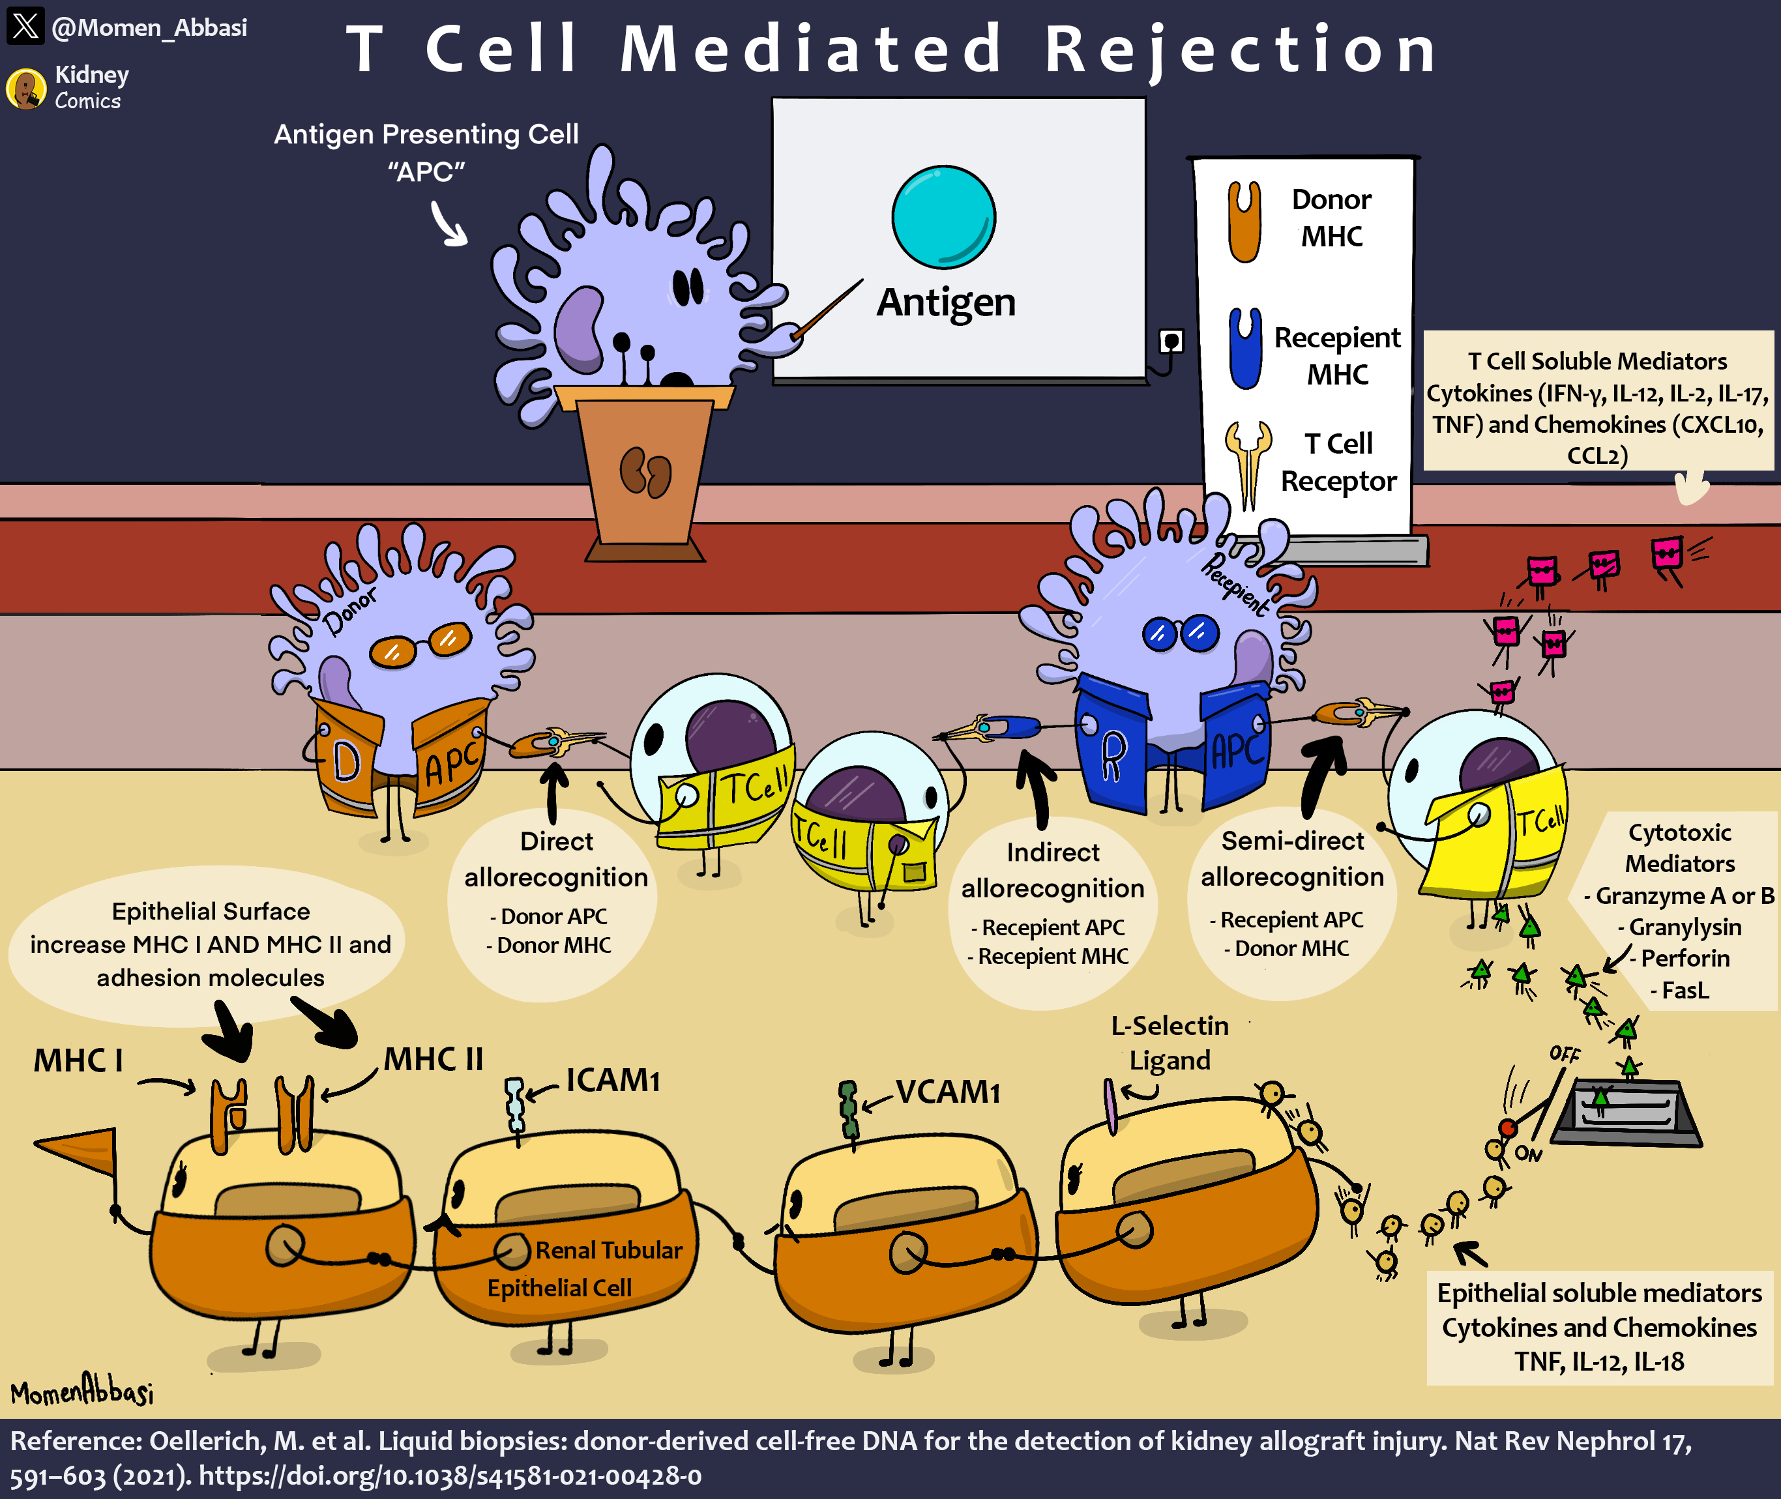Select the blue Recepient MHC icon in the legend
1244,349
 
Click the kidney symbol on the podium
645,472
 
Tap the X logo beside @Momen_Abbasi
25,25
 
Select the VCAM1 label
947,1092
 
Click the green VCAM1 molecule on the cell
847,1109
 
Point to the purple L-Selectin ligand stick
1110,1105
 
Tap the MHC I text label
78,1060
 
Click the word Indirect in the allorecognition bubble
1052,852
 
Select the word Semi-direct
1292,841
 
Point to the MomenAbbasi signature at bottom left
81,1393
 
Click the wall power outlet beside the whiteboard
1171,342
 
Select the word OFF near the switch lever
1564,1054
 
